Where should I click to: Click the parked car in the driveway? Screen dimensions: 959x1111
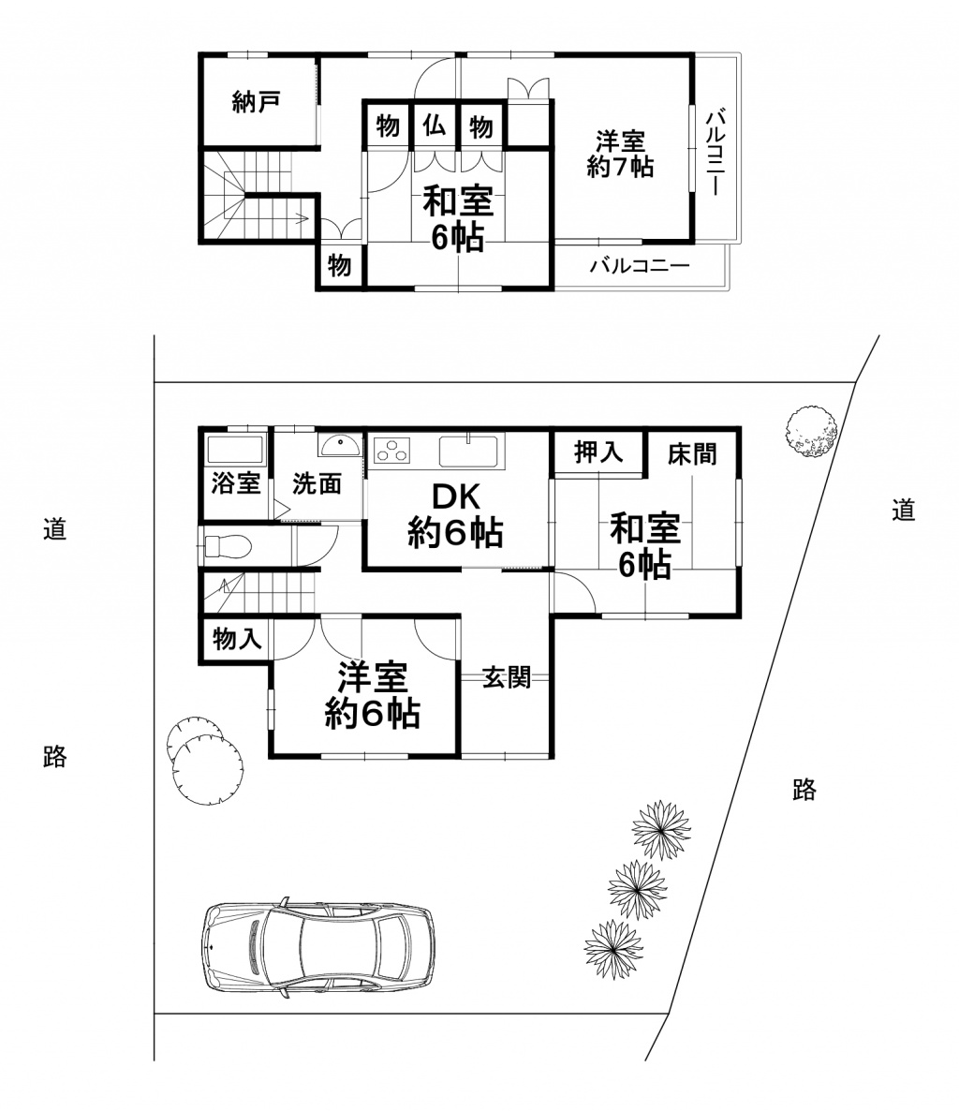coord(318,948)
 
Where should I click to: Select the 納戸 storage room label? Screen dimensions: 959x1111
coord(257,103)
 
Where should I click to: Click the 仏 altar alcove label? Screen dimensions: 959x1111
coord(435,126)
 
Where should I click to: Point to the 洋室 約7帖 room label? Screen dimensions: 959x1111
coord(620,154)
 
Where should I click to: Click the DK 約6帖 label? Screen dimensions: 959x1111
coord(455,516)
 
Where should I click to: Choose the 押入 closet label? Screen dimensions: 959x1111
coord(598,452)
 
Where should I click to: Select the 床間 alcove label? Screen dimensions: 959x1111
coord(692,453)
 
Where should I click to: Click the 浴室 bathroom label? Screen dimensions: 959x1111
coord(236,484)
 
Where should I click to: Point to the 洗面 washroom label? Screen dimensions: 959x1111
coord(317,484)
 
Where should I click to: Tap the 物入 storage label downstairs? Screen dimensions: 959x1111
coord(237,639)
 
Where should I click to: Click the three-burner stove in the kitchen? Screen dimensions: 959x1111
coord(392,450)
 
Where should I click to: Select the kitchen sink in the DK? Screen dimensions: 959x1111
coord(468,450)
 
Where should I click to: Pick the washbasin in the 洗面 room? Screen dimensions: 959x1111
coord(340,445)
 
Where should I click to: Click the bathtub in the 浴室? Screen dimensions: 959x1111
coord(234,451)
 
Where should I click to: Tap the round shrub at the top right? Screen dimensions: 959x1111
coord(812,432)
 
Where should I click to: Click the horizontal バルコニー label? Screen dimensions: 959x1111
coord(640,266)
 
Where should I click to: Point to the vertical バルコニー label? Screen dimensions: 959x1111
coord(716,152)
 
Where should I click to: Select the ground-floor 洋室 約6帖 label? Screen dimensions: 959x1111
coord(373,695)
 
